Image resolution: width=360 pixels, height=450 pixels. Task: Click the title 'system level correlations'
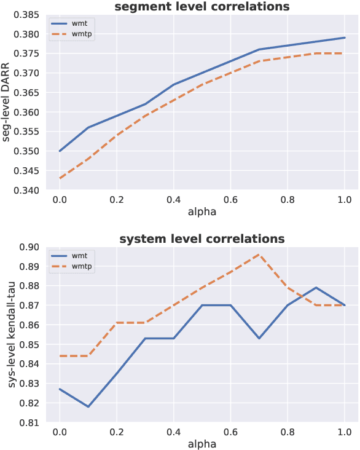click(x=202, y=239)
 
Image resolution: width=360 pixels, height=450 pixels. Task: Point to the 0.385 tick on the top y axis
click(x=28, y=15)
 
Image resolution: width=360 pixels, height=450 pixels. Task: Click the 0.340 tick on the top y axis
click(x=28, y=191)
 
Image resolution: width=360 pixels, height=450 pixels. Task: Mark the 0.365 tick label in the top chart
click(x=28, y=93)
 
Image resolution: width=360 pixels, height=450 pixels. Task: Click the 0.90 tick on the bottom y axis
click(x=30, y=247)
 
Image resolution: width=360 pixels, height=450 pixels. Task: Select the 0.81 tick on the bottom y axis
click(x=30, y=423)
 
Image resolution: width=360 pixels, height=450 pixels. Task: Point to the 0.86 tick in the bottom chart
click(x=30, y=325)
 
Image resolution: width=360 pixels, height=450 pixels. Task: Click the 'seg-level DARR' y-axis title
click(x=7, y=103)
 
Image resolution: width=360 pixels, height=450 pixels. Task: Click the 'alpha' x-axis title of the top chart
click(x=202, y=212)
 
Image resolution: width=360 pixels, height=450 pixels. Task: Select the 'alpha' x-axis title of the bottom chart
click(x=202, y=444)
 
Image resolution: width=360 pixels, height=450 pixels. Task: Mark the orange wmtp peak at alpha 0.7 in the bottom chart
click(x=259, y=255)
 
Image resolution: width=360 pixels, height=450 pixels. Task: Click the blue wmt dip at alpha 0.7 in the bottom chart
click(x=259, y=338)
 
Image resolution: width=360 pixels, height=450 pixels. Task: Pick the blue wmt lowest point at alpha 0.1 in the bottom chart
click(x=88, y=406)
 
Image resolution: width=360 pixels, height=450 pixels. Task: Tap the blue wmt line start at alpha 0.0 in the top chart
click(x=60, y=151)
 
